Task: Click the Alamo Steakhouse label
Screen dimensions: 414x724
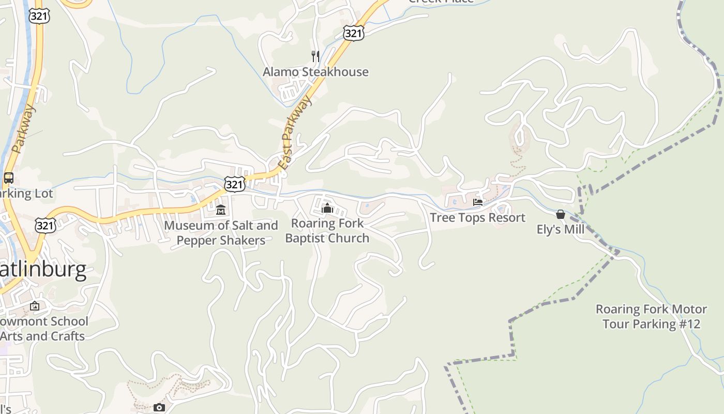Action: point(315,72)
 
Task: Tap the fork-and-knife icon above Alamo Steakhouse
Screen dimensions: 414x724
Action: point(315,56)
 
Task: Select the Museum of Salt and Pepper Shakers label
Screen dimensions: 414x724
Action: point(221,233)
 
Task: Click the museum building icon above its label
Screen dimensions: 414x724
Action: point(221,210)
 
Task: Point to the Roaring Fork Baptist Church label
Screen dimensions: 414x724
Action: point(327,231)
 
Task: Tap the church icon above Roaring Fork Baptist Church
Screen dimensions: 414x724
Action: point(327,208)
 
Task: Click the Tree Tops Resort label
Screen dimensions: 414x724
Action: point(477,217)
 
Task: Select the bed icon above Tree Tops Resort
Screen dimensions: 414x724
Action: point(478,202)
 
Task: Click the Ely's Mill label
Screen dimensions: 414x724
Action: point(560,229)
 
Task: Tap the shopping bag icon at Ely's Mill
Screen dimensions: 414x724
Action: point(560,214)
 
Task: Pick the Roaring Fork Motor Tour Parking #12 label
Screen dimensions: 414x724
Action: point(651,317)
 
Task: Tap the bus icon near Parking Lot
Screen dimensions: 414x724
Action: point(9,178)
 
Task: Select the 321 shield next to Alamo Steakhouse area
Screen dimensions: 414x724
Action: point(353,34)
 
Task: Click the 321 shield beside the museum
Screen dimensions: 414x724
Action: point(234,184)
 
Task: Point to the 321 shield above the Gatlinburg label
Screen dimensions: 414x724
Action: point(46,225)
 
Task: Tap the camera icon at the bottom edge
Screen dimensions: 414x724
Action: point(159,408)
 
